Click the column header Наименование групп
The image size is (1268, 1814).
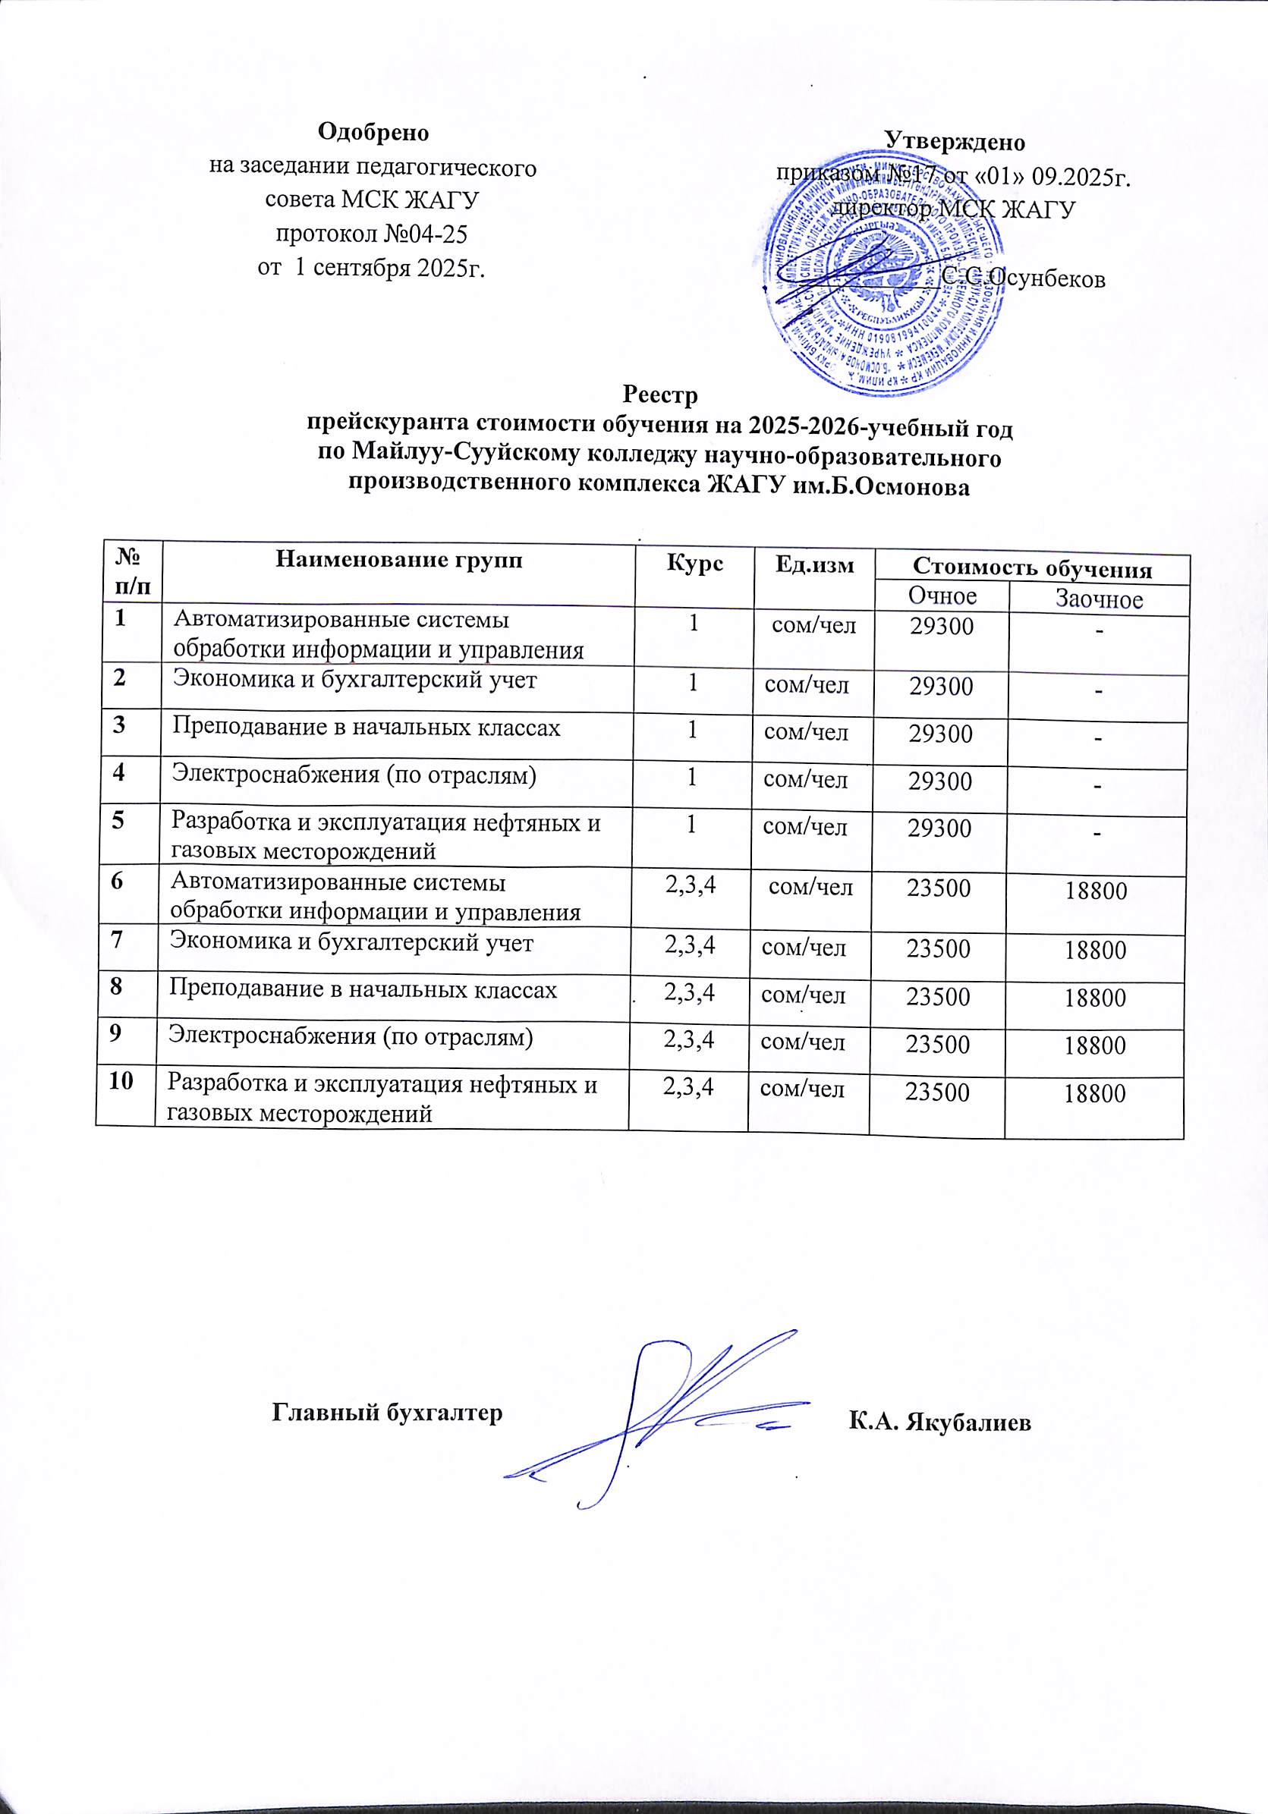click(x=398, y=561)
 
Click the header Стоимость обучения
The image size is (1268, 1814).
click(x=1032, y=568)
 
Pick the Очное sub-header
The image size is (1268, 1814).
click(x=942, y=595)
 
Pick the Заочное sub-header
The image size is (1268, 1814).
click(x=1099, y=599)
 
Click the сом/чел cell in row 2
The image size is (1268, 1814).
click(x=807, y=684)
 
